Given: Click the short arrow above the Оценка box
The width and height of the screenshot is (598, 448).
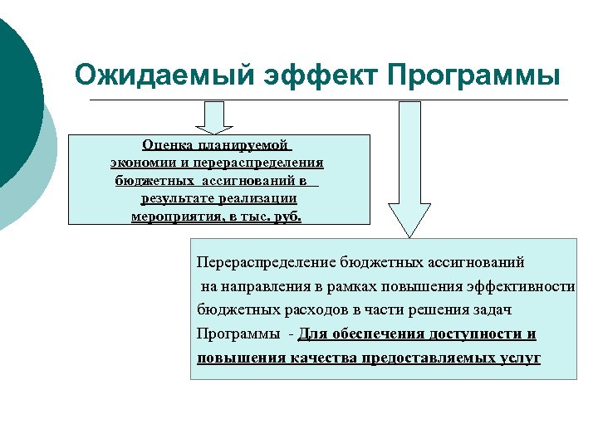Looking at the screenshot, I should tap(214, 117).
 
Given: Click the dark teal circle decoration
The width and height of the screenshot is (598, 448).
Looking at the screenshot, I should tap(15, 100).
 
